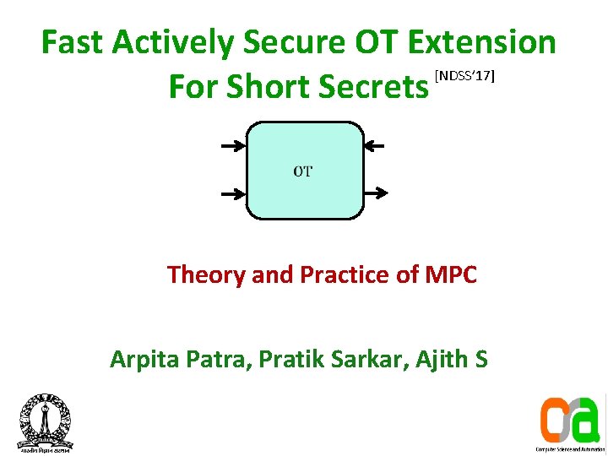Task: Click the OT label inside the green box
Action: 303,171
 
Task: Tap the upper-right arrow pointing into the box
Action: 375,147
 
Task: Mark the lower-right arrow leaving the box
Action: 375,194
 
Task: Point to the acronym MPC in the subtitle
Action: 451,274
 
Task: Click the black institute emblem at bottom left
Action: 45,421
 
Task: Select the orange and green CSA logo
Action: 569,419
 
